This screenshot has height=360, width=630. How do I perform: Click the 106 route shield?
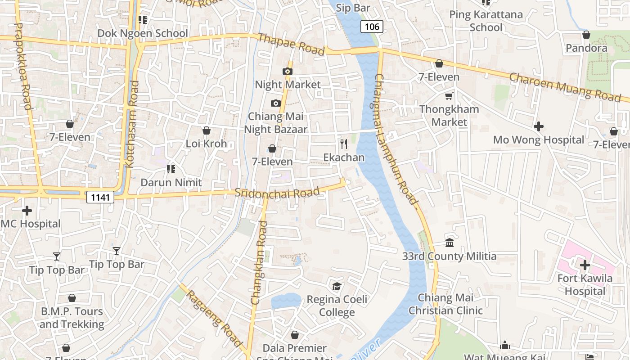click(x=372, y=27)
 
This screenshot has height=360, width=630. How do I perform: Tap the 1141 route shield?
click(x=100, y=197)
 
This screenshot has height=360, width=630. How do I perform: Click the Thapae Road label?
click(x=291, y=45)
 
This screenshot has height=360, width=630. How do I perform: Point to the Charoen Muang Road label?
click(x=565, y=87)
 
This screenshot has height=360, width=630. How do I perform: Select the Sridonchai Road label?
click(x=277, y=193)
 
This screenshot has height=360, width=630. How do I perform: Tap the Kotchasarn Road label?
click(x=132, y=124)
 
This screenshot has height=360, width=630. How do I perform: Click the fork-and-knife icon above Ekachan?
click(x=344, y=144)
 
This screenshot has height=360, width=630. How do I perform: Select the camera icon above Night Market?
click(x=288, y=71)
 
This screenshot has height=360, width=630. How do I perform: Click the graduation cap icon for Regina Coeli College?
click(x=337, y=286)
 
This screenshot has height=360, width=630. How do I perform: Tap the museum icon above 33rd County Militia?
click(x=449, y=243)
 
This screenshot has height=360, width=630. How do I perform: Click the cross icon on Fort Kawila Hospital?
click(x=585, y=265)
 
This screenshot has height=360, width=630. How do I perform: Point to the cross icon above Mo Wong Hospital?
click(x=538, y=126)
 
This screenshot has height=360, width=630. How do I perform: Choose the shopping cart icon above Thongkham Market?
click(x=449, y=96)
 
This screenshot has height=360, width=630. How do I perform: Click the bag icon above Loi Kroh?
click(x=206, y=131)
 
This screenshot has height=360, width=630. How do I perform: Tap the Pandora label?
click(x=586, y=48)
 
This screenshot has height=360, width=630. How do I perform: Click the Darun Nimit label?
click(x=171, y=183)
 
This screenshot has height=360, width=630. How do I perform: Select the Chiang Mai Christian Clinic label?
click(x=445, y=304)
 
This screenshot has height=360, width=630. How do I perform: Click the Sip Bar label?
click(x=353, y=8)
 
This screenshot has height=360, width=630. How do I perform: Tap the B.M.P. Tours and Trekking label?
click(x=72, y=318)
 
